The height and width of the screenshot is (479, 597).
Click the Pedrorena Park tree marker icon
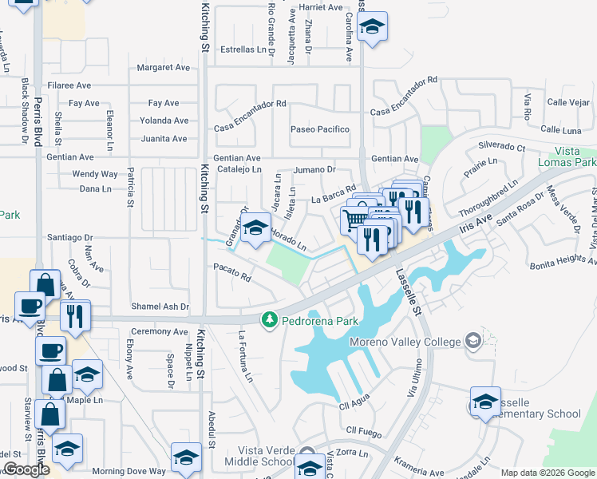[x=270, y=320]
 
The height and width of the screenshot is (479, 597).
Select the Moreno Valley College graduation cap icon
[x=473, y=342]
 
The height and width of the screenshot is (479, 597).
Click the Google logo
[x=26, y=469]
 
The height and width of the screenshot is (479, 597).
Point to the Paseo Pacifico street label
[x=320, y=129]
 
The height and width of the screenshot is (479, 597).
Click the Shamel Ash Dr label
[x=160, y=307]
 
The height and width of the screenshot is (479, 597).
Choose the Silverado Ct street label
[x=501, y=147]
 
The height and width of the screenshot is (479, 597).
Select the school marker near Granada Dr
[x=255, y=229]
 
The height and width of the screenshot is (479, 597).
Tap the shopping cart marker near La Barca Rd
[x=354, y=219]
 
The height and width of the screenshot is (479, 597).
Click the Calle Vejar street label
[x=568, y=102]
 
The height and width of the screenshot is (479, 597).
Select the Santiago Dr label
[x=70, y=237]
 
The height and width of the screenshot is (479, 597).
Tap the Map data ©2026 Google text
[x=547, y=473]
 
